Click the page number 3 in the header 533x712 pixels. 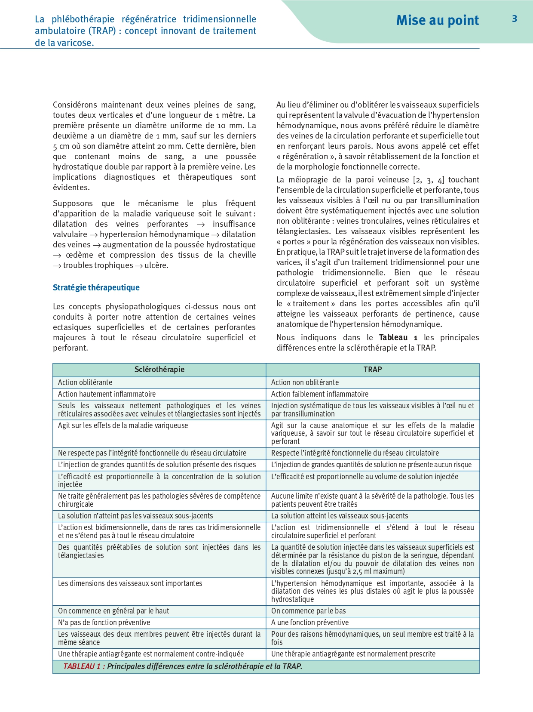point(514,19)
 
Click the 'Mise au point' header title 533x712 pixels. point(437,20)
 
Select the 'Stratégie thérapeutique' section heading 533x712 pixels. point(96,287)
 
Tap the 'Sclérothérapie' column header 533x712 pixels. point(159,370)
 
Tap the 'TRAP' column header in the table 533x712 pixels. point(372,370)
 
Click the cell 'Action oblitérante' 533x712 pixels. point(85,382)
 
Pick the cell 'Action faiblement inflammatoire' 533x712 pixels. point(319,394)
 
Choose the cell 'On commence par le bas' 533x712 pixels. point(308,611)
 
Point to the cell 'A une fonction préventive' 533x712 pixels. point(309,623)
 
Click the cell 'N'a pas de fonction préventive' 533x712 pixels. point(104,623)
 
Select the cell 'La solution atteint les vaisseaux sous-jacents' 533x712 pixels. point(340,516)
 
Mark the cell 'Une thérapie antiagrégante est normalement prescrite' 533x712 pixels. point(353,654)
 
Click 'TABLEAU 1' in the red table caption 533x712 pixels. point(82,666)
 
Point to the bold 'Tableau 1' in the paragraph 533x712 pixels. point(398,338)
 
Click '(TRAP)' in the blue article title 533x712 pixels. point(103,31)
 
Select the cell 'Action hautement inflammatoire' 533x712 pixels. point(107,394)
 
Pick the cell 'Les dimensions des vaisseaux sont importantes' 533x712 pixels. point(130,583)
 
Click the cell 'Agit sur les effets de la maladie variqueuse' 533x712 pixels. point(123,425)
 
